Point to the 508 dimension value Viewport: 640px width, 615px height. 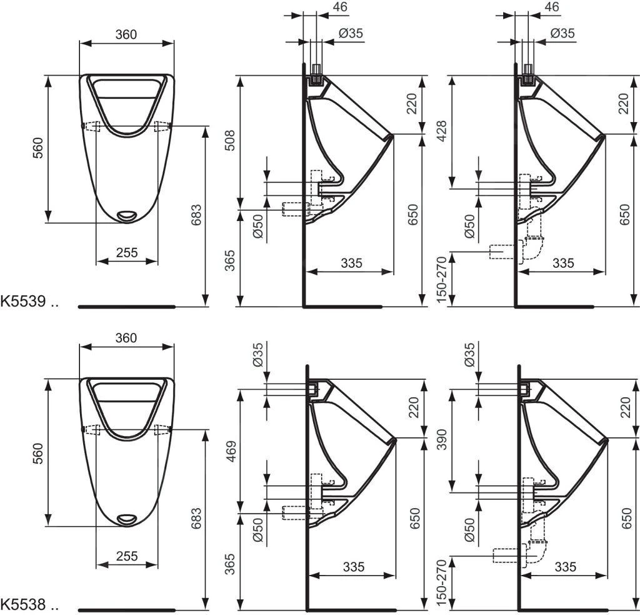(x=231, y=142)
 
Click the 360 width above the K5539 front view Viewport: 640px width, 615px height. (x=126, y=34)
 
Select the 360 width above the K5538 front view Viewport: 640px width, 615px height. (x=126, y=338)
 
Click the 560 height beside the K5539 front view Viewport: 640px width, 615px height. (x=39, y=148)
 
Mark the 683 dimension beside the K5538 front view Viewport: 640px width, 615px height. (x=196, y=519)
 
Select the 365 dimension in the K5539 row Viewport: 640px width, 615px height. (x=231, y=259)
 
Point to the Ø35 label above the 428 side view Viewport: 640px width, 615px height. (x=562, y=33)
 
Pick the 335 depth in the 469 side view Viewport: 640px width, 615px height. (x=353, y=567)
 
